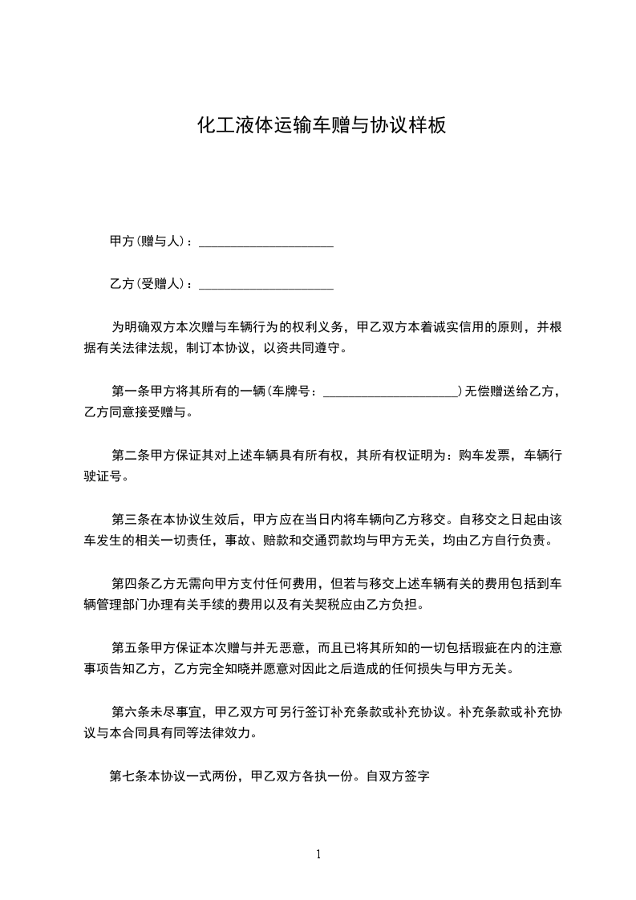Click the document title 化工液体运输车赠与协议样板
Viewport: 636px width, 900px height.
click(x=321, y=125)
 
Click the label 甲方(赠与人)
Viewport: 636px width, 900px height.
click(x=148, y=241)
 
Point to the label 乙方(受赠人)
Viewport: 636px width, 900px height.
click(x=148, y=283)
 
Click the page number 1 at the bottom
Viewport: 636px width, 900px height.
click(x=318, y=854)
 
